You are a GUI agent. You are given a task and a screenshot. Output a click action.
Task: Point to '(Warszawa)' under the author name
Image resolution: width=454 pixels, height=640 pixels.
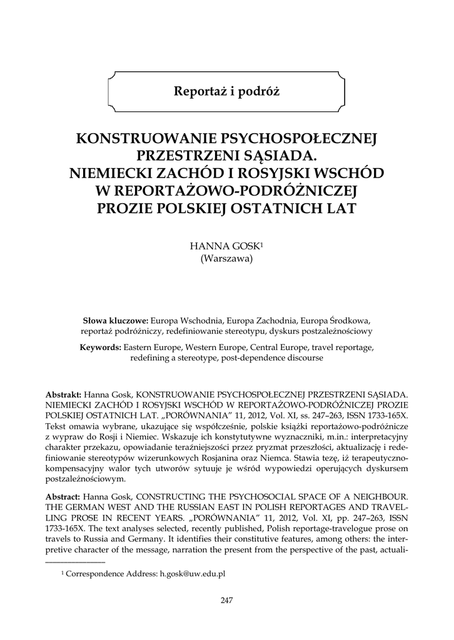[226, 259]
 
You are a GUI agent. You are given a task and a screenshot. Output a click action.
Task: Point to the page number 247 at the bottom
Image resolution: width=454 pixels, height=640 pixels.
[226, 601]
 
